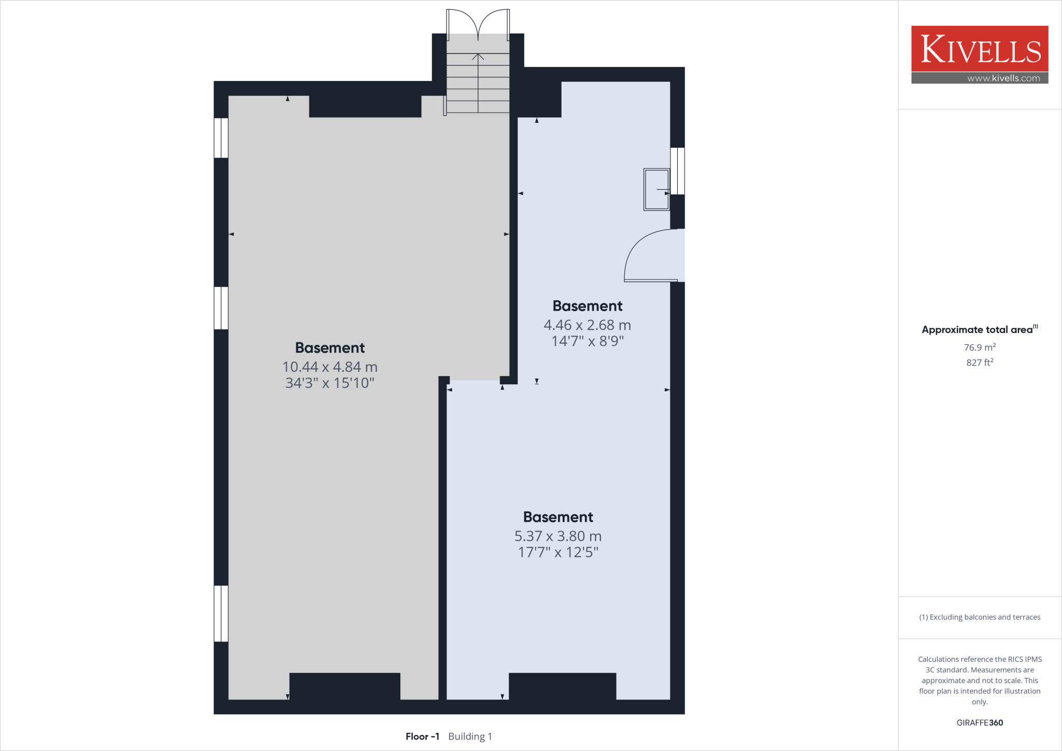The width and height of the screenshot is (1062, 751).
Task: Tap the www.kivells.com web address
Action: click(x=1003, y=78)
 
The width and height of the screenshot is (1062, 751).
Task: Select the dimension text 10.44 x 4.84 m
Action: click(x=330, y=367)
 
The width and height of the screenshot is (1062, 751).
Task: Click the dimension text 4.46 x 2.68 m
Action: click(x=587, y=325)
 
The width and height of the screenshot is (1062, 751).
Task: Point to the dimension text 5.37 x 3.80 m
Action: click(x=558, y=536)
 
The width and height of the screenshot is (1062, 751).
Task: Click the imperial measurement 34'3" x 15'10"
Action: click(x=330, y=383)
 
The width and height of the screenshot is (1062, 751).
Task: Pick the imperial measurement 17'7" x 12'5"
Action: click(x=558, y=552)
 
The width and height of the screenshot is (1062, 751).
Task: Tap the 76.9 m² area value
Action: click(x=980, y=347)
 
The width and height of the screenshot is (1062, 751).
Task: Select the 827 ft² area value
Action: click(x=980, y=363)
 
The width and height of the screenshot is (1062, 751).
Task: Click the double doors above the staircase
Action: click(x=478, y=23)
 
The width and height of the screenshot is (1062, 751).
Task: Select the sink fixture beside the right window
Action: click(x=656, y=189)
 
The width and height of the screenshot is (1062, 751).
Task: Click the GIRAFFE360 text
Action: click(x=980, y=722)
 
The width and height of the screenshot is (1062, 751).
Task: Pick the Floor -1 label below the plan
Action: click(x=422, y=736)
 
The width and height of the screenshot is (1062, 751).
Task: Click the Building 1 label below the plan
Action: click(x=470, y=736)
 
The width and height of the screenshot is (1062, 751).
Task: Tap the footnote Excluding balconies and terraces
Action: click(x=980, y=617)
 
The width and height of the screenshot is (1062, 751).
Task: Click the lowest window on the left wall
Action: click(x=221, y=614)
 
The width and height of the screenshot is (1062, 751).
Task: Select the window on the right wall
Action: click(x=677, y=171)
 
